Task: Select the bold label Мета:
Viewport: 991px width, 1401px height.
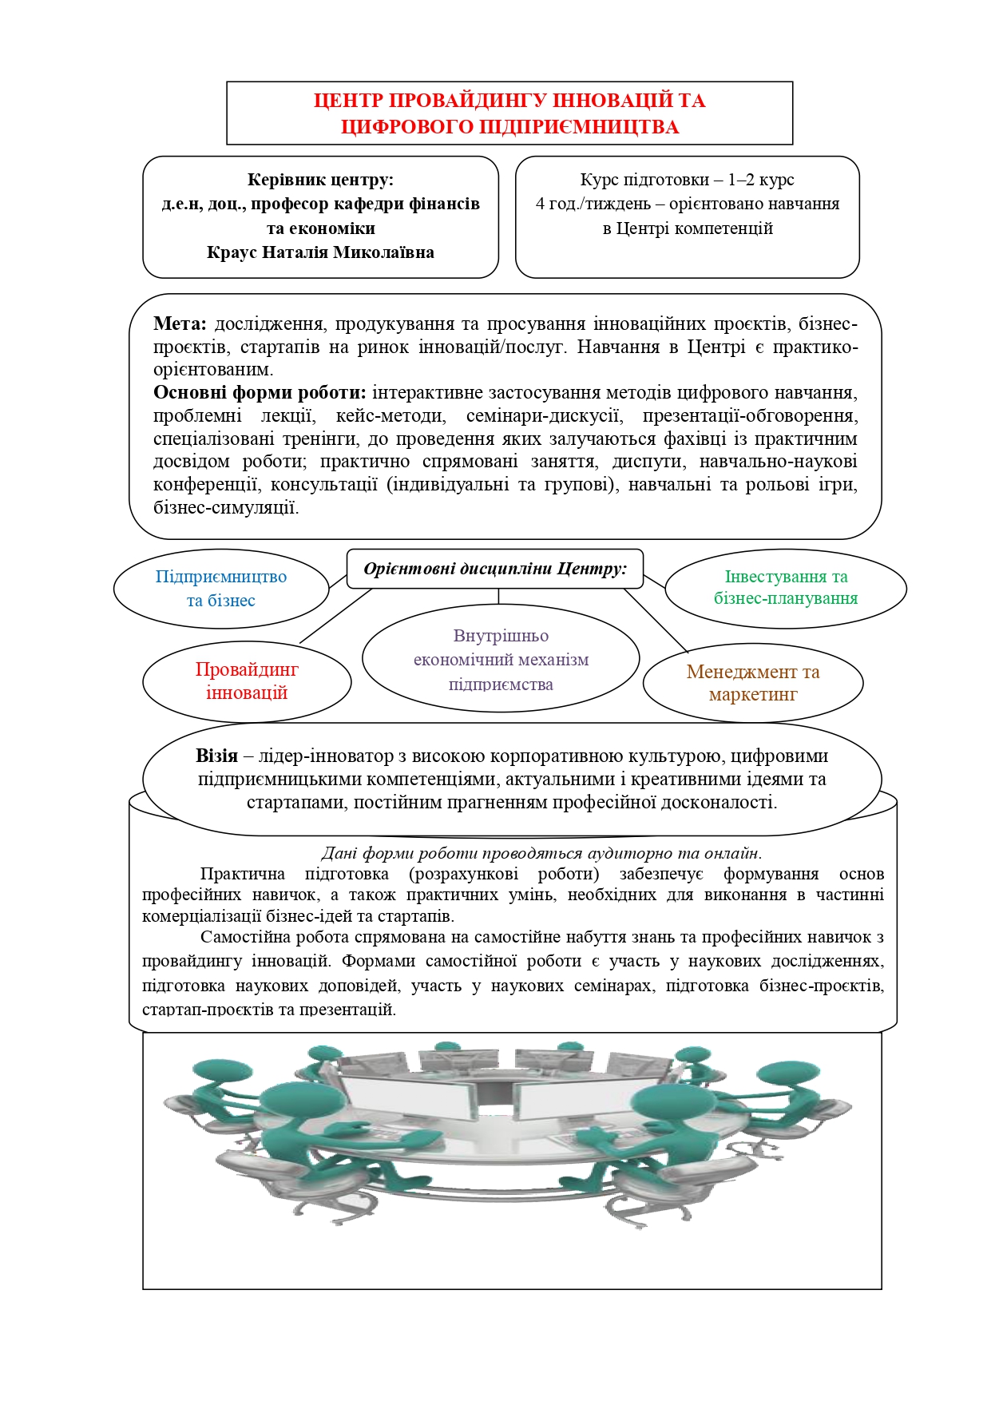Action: click(x=180, y=323)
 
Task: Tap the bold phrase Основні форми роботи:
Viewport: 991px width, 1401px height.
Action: click(x=260, y=392)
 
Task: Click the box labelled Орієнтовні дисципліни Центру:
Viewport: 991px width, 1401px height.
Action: click(x=495, y=569)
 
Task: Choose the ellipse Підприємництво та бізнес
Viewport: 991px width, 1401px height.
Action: click(x=221, y=588)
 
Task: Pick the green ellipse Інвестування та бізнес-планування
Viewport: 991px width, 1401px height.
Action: click(x=786, y=588)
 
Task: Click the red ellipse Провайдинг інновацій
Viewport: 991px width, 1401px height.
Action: click(x=247, y=681)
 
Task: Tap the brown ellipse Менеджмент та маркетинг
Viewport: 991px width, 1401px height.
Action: click(x=753, y=683)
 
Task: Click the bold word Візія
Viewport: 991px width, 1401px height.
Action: click(x=216, y=756)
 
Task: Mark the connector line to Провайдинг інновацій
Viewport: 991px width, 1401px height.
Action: click(x=335, y=616)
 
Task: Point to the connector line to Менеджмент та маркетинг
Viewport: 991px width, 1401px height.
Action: click(x=656, y=621)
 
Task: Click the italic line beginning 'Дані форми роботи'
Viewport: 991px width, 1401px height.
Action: click(x=541, y=853)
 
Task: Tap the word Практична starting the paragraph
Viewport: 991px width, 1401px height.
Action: click(x=242, y=874)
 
